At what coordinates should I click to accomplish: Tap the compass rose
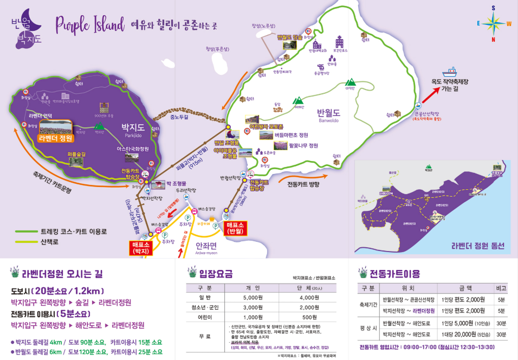[x=494, y=23]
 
